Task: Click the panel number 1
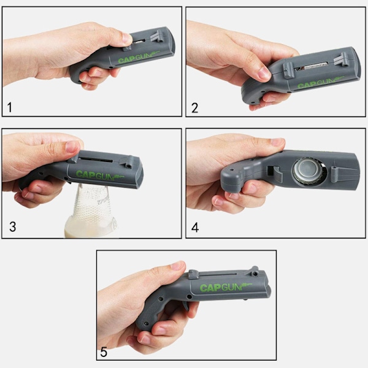tap(9, 107)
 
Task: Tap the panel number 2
tap(195, 108)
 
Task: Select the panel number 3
tap(13, 227)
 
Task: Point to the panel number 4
tap(195, 228)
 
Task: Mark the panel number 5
tap(104, 352)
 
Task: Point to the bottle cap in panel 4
tap(309, 171)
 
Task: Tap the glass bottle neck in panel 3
tap(92, 207)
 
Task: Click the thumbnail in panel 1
tap(126, 38)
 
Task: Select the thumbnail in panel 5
tap(178, 266)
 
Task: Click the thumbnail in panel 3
tap(72, 147)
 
